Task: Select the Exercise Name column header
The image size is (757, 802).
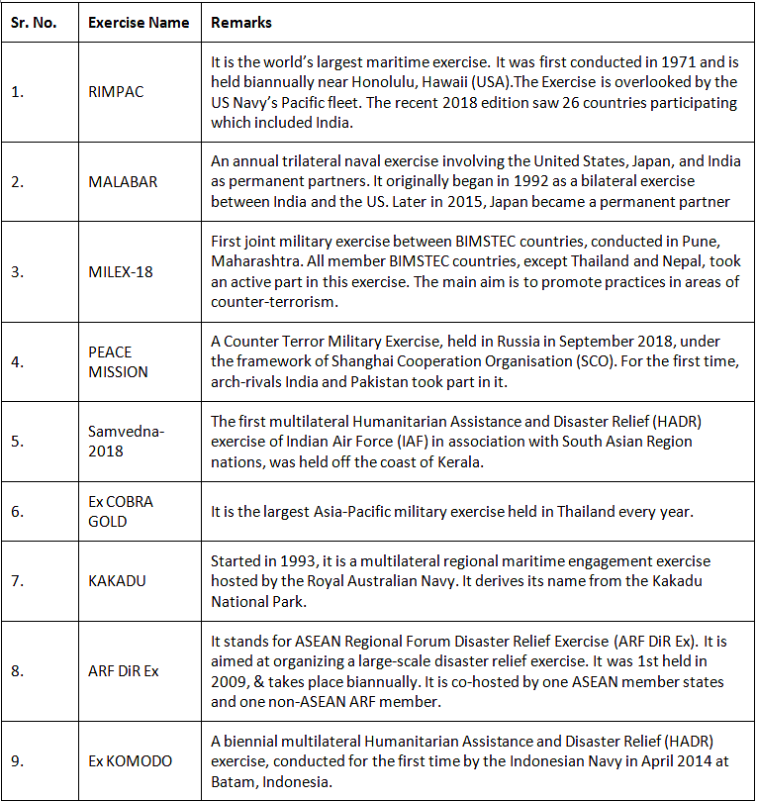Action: click(x=139, y=23)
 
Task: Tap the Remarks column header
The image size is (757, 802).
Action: click(x=241, y=23)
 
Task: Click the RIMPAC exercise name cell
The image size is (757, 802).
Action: click(x=116, y=91)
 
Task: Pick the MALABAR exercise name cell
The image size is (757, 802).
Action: click(x=122, y=182)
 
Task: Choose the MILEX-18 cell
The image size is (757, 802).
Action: click(x=121, y=272)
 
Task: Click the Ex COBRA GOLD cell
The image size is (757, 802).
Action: click(x=121, y=512)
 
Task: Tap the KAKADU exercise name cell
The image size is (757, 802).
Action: click(x=117, y=581)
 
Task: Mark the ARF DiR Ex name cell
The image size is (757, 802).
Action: click(x=123, y=671)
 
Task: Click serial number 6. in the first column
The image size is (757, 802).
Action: click(x=18, y=512)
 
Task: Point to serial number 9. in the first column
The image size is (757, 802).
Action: click(x=18, y=760)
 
